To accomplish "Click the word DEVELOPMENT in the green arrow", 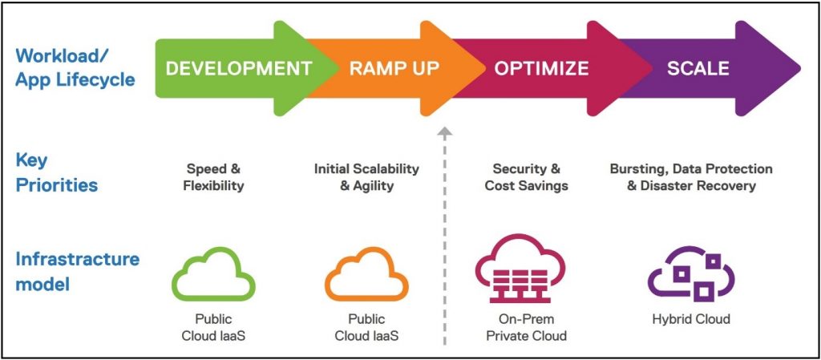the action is [x=239, y=68].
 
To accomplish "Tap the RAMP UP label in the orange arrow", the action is [x=394, y=68].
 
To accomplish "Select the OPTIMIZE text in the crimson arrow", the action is [x=541, y=68].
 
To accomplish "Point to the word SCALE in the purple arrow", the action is [x=698, y=68].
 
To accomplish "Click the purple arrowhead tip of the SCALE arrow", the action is [x=801, y=68].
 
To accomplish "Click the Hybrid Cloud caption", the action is [x=691, y=318].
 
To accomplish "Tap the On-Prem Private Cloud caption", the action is [x=526, y=327].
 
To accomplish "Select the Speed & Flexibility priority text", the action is [x=213, y=177].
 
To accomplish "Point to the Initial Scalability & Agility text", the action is [x=366, y=177].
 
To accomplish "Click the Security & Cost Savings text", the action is [x=526, y=177].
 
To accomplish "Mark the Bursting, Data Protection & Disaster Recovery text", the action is [x=691, y=177].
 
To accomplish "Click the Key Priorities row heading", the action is [x=57, y=172].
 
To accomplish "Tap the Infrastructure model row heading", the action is [x=78, y=272].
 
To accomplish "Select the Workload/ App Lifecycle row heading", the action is [x=75, y=68].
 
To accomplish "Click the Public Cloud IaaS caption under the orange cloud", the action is [x=366, y=327].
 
